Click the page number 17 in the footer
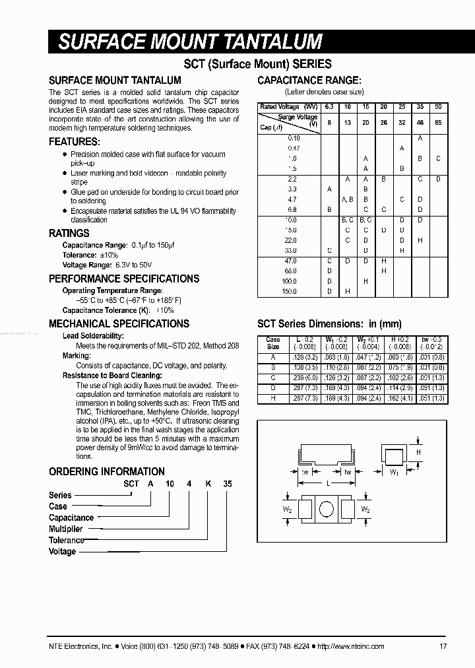pos(443,646)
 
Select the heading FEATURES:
pos(75,142)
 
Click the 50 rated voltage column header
pos(438,107)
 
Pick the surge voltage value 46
pos(420,122)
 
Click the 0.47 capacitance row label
pos(293,149)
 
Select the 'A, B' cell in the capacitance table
pos(348,199)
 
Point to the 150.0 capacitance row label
pos(290,291)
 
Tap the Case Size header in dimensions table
pos(272,343)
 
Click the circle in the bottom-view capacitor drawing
pos(325,510)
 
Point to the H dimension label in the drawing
pos(418,452)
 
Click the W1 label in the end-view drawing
pos(394,472)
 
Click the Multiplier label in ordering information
pos(66,529)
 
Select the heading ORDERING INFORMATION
pos(107,471)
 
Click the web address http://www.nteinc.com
pos(351,646)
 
